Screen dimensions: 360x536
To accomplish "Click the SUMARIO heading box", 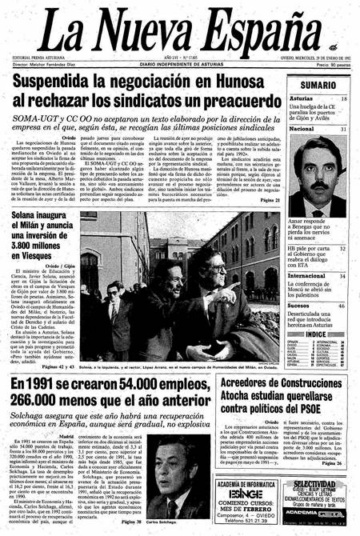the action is [x=318, y=85].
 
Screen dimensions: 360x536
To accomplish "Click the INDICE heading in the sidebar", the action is [x=318, y=335].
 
